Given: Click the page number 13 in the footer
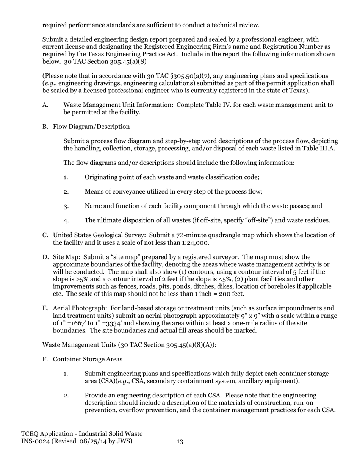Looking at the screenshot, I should pos(180,441).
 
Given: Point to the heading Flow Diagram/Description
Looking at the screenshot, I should pos(91,127).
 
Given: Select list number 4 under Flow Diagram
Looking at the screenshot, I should pos(66,221).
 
